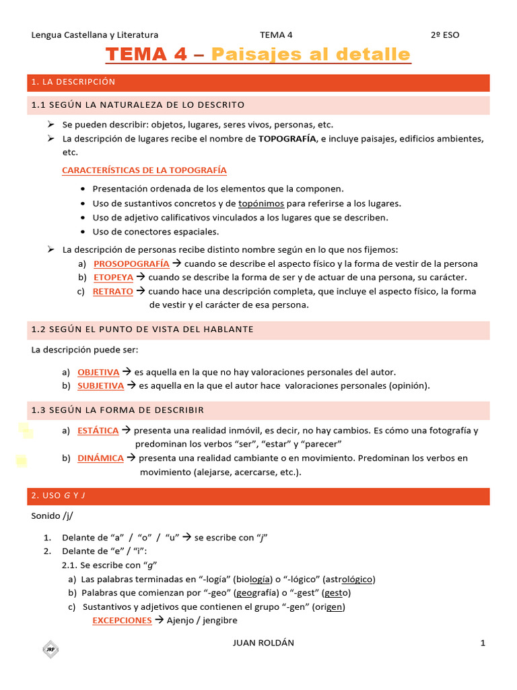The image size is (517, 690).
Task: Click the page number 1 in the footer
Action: (x=483, y=643)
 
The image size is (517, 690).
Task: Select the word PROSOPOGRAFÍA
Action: (x=131, y=263)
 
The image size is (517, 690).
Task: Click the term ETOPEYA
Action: (x=113, y=277)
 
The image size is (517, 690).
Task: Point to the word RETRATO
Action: (x=112, y=291)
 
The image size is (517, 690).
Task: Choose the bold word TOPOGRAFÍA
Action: (x=287, y=139)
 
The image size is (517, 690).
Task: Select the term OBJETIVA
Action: (x=98, y=372)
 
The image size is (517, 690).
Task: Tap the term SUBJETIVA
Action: (x=100, y=385)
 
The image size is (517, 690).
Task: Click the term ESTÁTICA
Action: (x=98, y=430)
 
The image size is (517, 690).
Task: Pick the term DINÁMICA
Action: (x=100, y=458)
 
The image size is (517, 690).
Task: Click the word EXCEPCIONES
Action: (x=122, y=621)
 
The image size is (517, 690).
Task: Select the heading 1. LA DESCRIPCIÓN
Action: (x=73, y=82)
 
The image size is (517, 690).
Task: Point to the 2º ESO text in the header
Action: (x=445, y=35)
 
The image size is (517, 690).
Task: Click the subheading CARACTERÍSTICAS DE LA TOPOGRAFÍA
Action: (x=144, y=170)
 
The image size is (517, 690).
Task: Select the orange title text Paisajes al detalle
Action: (x=310, y=54)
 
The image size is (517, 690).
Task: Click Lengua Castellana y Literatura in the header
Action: (x=95, y=35)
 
